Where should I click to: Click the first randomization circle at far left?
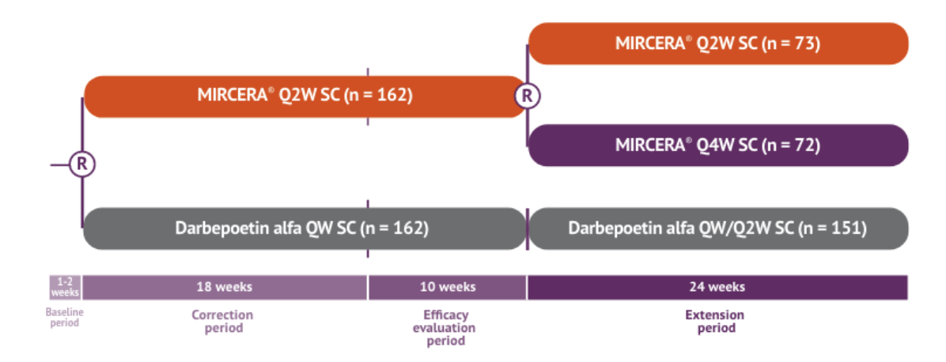(82, 164)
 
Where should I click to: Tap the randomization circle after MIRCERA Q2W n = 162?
(528, 96)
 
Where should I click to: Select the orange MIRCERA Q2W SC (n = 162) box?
(305, 96)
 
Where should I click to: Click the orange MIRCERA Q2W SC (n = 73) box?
(717, 43)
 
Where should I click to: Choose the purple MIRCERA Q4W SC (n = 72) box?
(717, 145)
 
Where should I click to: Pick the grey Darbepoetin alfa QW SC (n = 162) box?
(305, 228)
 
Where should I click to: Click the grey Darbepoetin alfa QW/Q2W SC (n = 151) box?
(717, 228)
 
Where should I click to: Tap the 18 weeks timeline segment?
(225, 287)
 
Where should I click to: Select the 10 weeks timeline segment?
(447, 287)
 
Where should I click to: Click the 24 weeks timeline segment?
(717, 287)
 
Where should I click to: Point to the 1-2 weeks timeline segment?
(66, 287)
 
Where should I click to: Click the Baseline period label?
(65, 317)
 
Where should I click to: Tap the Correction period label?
(222, 321)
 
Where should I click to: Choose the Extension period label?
(714, 321)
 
